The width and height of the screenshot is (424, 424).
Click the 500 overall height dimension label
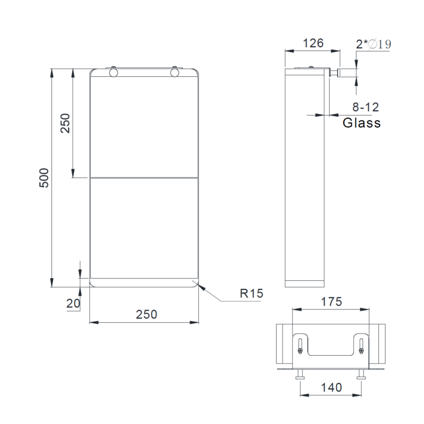pyautogui.click(x=44, y=178)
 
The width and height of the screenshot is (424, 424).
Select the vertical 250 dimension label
pyautogui.click(x=65, y=123)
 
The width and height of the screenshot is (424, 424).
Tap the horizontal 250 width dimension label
pyautogui.click(x=146, y=314)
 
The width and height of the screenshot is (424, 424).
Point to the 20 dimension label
pyautogui.click(x=73, y=303)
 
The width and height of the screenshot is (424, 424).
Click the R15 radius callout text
pyautogui.click(x=251, y=294)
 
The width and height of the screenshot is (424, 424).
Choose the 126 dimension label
pyautogui.click(x=313, y=43)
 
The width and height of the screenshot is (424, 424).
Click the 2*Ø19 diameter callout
pyautogui.click(x=374, y=44)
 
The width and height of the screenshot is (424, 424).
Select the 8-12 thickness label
pyautogui.click(x=366, y=107)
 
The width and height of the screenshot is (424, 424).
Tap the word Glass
pyautogui.click(x=361, y=123)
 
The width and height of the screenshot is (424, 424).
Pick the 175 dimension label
pyautogui.click(x=332, y=302)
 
